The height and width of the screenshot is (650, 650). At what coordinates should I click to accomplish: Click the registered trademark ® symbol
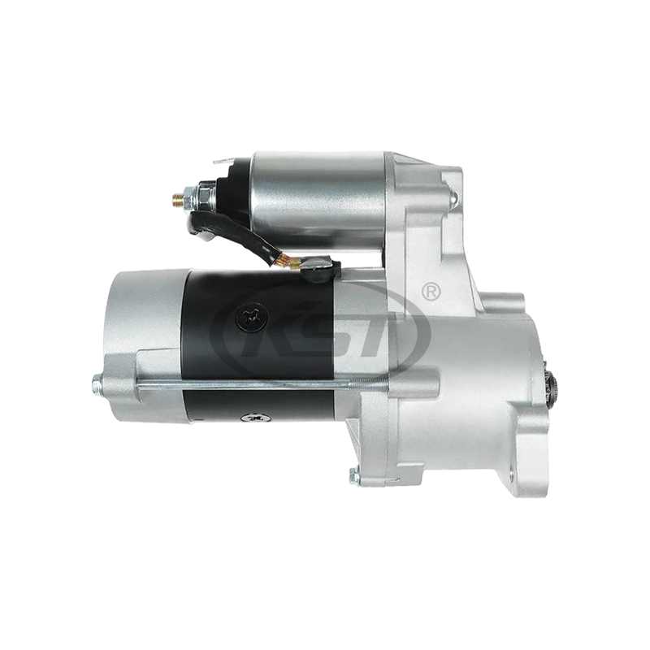tap(431, 289)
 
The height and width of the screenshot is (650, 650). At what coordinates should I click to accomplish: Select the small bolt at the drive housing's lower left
tap(354, 478)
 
